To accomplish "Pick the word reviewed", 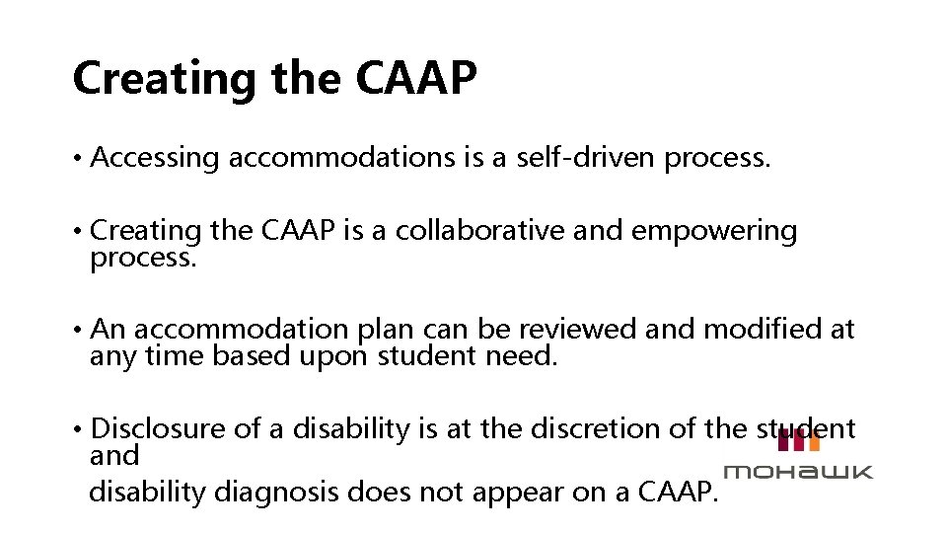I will click(580, 329).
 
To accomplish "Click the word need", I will click(522, 353).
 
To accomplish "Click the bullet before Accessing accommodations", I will click(77, 158).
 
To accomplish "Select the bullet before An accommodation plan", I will click(77, 330).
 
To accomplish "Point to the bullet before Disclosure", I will click(77, 429).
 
